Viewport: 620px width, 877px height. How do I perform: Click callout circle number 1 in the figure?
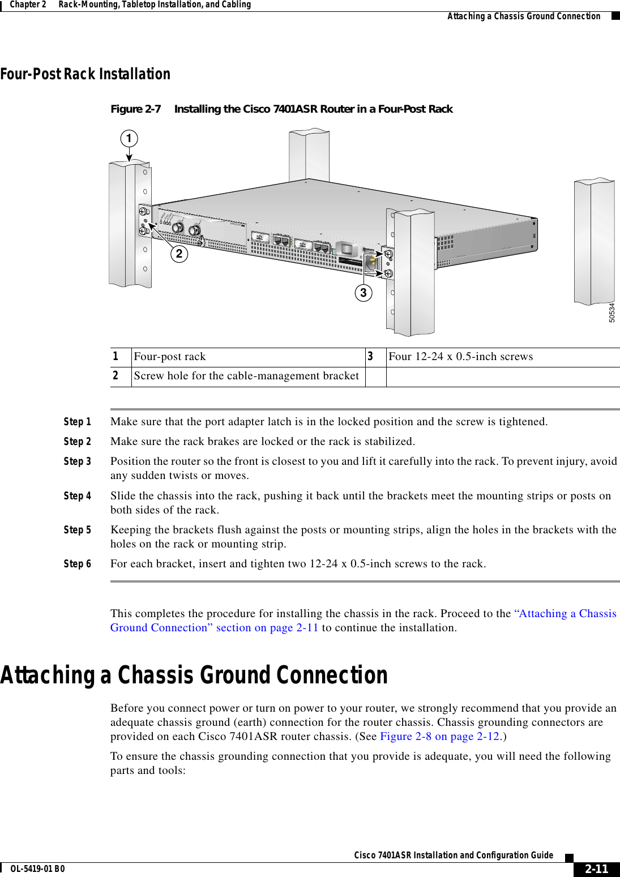point(129,138)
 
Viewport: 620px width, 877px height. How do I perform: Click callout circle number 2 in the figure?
point(179,254)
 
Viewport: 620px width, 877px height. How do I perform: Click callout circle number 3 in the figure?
point(364,293)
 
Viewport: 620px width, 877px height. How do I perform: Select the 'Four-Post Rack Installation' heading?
point(85,74)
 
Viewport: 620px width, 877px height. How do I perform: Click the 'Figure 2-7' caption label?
point(135,109)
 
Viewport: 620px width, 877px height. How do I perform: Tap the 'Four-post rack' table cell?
point(170,357)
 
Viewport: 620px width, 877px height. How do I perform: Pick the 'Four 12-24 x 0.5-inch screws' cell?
point(460,357)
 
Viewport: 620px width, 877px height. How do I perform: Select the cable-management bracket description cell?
point(246,376)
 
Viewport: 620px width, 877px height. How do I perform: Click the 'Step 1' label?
point(77,422)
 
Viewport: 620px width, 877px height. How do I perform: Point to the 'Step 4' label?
point(77,496)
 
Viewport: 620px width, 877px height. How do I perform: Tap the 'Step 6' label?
point(77,564)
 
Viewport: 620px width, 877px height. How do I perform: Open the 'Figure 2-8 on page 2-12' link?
point(440,737)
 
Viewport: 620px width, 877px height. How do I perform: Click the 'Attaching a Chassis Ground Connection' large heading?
point(194,675)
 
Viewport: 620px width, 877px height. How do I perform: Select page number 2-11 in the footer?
point(596,869)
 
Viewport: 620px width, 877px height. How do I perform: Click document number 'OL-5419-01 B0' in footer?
point(37,869)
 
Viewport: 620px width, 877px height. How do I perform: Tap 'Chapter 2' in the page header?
point(28,5)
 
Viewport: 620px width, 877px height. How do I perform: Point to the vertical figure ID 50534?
point(612,313)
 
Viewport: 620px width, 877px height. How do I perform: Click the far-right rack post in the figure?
point(594,241)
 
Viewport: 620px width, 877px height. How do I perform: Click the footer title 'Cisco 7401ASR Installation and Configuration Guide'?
point(453,855)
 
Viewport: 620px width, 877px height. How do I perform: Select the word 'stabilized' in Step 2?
point(388,442)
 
